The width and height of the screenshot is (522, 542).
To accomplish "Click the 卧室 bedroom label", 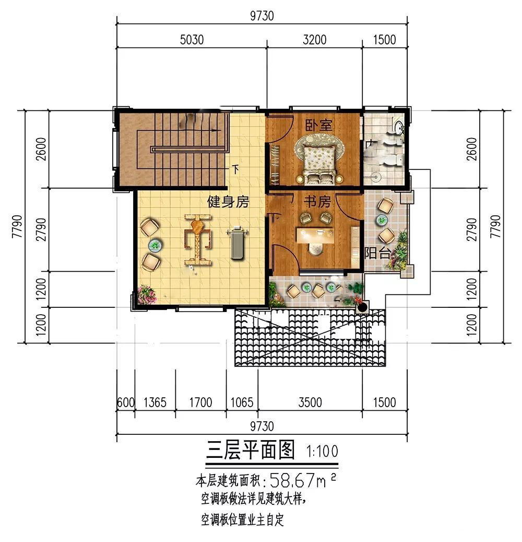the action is [x=318, y=125].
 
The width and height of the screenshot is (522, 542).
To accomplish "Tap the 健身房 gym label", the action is [x=228, y=202].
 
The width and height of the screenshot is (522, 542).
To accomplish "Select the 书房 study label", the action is [x=317, y=202].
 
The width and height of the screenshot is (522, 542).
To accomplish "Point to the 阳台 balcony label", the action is [x=377, y=253].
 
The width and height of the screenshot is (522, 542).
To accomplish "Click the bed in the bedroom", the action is [x=319, y=163].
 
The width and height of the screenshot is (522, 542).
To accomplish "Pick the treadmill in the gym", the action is [x=237, y=241].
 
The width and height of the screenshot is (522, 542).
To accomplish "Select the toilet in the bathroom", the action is [x=394, y=159].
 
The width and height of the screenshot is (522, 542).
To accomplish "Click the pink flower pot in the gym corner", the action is [x=147, y=295].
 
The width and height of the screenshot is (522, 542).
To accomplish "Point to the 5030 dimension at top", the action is [x=192, y=40].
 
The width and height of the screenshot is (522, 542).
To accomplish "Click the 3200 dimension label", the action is [x=315, y=40].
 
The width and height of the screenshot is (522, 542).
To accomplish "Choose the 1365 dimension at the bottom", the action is [x=155, y=402].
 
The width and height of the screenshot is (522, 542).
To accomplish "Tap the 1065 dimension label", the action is [x=242, y=402].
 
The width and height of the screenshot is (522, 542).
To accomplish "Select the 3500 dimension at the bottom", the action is [x=310, y=402].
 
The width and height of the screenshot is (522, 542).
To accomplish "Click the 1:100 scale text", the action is [x=322, y=451].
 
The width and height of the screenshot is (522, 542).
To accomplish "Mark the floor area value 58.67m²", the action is [x=303, y=480].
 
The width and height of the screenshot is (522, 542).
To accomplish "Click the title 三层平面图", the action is [x=251, y=449].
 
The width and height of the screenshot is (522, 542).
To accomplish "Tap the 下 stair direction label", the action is [x=236, y=169].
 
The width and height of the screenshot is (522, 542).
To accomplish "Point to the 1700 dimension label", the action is [x=200, y=402].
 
